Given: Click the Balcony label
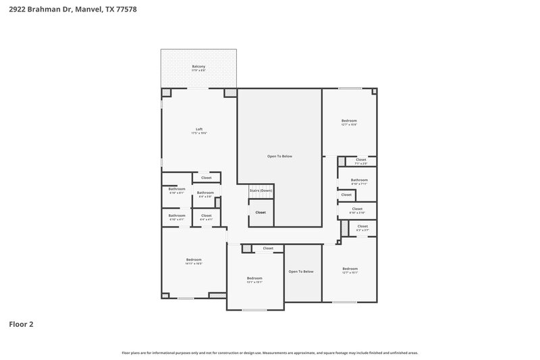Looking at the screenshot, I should (198, 66).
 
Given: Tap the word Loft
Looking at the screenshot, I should (199, 129).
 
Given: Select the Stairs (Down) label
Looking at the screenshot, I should (261, 191).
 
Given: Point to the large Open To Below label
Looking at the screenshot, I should (279, 156).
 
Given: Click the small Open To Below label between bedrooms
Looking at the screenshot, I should (301, 272).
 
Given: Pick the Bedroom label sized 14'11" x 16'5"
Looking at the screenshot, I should (194, 259).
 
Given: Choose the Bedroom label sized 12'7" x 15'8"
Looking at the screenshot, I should (349, 121).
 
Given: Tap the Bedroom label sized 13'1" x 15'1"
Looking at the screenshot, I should (254, 278).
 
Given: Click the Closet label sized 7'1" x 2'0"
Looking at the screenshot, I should (361, 159).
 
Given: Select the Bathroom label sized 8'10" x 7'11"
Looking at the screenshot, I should (359, 180).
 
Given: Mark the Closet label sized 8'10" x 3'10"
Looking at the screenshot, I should (357, 209).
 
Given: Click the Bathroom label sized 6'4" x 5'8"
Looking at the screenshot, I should (205, 192).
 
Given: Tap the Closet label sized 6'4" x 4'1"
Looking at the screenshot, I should (206, 215).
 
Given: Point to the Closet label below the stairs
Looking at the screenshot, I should (261, 212).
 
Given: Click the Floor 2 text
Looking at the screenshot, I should (21, 324).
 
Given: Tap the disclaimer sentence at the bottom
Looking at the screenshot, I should (270, 353).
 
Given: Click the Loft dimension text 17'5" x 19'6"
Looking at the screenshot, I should (199, 133).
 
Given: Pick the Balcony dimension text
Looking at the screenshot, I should (198, 70).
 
